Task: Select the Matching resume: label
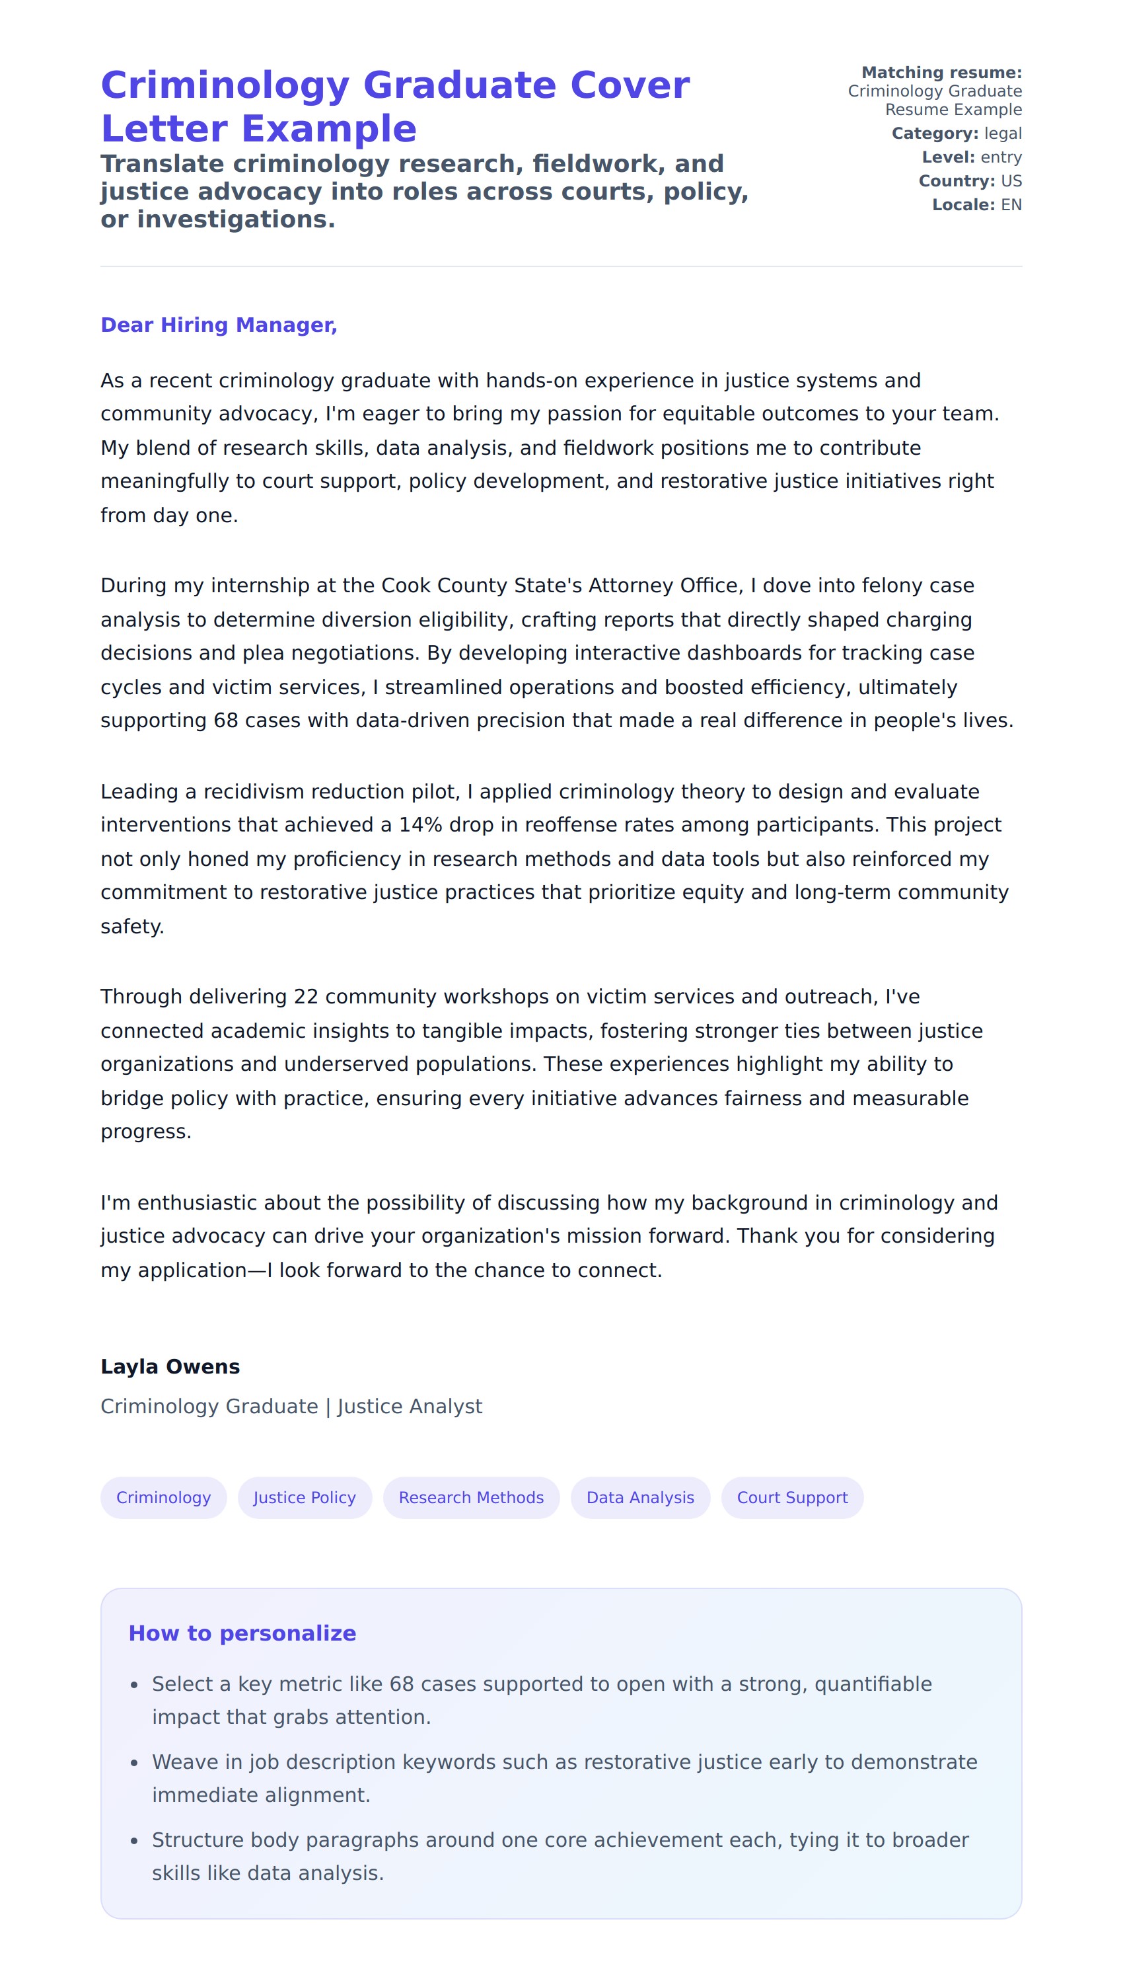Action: [x=941, y=73]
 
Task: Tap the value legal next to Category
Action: [x=1003, y=134]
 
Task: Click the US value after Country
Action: [x=1011, y=181]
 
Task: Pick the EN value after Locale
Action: [x=1011, y=206]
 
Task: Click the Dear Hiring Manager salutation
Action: [x=219, y=325]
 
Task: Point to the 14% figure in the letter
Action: [x=420, y=825]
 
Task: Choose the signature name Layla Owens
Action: [x=170, y=1366]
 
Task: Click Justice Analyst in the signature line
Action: [x=410, y=1407]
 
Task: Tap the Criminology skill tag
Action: [x=164, y=1498]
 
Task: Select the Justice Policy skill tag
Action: [x=305, y=1498]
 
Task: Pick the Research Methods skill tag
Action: [x=471, y=1498]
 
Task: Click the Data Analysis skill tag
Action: [x=640, y=1498]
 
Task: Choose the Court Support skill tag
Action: [x=792, y=1498]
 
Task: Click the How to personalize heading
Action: [x=242, y=1633]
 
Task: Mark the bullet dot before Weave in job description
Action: [x=135, y=1763]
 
